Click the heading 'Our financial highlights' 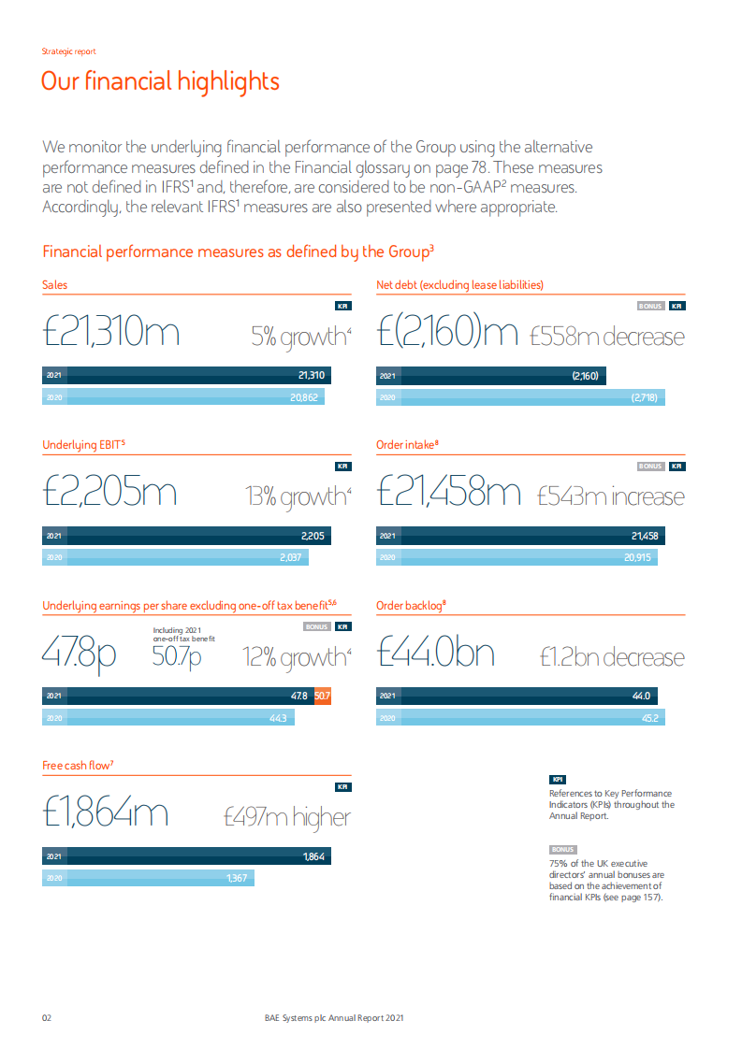tap(160, 81)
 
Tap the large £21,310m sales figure tap(111, 333)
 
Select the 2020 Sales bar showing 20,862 tap(183, 397)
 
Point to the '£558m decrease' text tap(606, 337)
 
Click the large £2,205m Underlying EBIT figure tap(109, 493)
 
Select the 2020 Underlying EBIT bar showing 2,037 tap(175, 557)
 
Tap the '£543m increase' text tap(610, 496)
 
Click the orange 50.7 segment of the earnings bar tap(322, 697)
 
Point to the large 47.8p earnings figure tap(79, 654)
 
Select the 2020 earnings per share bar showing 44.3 tap(168, 717)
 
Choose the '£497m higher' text tap(286, 817)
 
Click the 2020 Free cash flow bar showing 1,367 tap(148, 878)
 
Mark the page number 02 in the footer tap(47, 1018)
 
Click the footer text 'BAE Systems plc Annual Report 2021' tap(334, 1018)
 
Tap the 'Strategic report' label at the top tap(68, 51)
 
